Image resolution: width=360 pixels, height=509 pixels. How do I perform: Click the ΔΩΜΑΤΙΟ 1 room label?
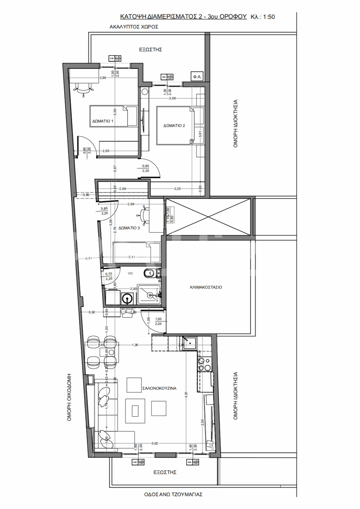point(103,121)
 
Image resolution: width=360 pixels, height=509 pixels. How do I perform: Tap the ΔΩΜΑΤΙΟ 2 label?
point(174,126)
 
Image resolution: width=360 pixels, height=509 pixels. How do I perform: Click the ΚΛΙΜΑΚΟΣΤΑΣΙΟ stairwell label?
point(206,287)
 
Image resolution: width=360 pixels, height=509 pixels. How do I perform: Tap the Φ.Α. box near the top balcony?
point(197,77)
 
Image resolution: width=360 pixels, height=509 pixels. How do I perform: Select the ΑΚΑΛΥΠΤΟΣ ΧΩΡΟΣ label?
point(134,27)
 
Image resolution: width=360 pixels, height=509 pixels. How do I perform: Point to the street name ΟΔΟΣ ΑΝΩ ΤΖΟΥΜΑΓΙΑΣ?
point(170,494)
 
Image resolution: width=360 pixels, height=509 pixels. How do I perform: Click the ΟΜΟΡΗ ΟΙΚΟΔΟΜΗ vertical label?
point(70,396)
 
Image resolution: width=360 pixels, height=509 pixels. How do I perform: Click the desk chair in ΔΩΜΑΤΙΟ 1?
point(83,89)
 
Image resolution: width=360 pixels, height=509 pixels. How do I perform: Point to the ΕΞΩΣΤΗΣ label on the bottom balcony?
point(164,473)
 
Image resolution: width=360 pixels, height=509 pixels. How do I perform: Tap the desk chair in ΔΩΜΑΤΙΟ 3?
point(144,215)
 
